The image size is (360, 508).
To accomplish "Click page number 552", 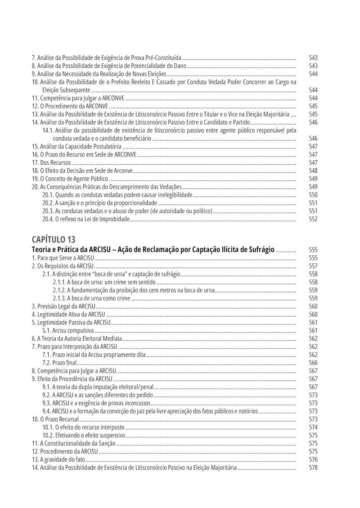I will point(313,219).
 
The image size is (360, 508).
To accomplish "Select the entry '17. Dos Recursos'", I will point(52,162).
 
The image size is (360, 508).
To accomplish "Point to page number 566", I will point(313,363).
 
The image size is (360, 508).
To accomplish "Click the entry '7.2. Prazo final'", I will point(59,363).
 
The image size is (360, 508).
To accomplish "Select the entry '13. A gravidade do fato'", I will point(58,459).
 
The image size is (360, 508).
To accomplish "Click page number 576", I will point(313,459).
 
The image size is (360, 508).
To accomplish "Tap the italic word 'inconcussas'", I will point(138,403).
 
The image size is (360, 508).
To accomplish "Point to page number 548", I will point(313,171).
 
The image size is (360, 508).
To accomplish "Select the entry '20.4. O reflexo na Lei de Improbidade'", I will point(86,219).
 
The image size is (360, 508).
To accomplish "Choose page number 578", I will point(313,468).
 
